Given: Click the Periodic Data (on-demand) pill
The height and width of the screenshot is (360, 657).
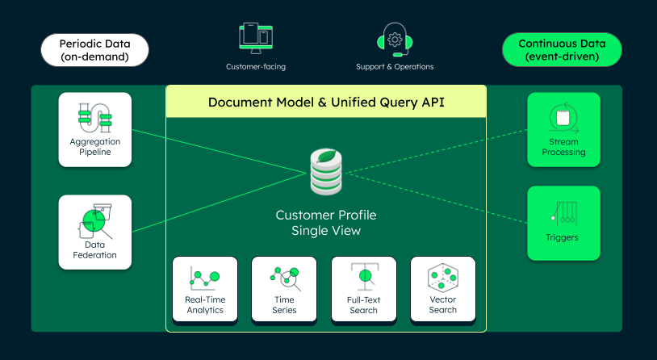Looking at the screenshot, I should pyautogui.click(x=94, y=50).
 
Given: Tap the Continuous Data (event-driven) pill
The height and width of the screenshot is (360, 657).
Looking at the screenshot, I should pyautogui.click(x=563, y=50).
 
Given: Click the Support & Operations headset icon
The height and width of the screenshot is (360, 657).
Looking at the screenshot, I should pyautogui.click(x=395, y=37).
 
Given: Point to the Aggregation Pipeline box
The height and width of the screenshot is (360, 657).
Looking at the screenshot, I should pyautogui.click(x=94, y=129).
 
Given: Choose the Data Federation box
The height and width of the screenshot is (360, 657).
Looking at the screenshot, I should pyautogui.click(x=94, y=232).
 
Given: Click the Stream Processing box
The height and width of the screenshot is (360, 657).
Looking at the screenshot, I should pyautogui.click(x=563, y=129).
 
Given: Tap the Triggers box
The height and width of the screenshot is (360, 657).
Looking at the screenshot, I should pyautogui.click(x=563, y=224).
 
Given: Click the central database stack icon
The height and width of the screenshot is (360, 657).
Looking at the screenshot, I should pyautogui.click(x=327, y=170).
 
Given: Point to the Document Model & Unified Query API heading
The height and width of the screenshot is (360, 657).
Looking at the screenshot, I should pyautogui.click(x=326, y=103).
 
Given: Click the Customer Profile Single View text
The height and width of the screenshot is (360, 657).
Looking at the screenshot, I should pyautogui.click(x=326, y=223).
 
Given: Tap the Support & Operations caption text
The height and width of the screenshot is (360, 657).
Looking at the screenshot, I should pyautogui.click(x=395, y=66).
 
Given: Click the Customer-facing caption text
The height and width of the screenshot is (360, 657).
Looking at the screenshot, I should pyautogui.click(x=256, y=66).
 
